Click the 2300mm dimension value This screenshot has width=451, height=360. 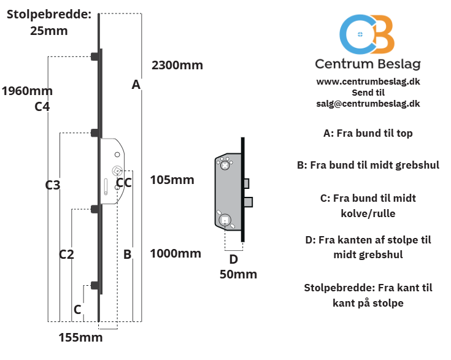177,65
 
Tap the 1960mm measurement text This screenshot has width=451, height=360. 28,91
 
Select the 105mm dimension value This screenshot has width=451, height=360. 172,180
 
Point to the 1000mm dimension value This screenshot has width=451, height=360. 175,254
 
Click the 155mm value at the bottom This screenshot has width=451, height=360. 80,337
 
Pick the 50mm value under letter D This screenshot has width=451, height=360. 238,274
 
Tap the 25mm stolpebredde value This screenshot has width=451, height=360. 49,31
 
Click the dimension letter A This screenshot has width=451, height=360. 136,85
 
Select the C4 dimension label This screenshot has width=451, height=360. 42,107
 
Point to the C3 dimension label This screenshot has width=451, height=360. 53,185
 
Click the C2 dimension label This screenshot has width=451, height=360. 66,255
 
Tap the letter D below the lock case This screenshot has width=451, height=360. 234,259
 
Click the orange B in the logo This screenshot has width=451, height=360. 382,34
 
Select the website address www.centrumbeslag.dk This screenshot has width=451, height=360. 368,82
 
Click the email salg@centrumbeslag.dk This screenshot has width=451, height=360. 368,104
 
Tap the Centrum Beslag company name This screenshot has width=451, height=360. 368,64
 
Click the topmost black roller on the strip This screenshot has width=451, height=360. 96,56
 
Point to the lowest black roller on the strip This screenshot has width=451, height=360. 96,286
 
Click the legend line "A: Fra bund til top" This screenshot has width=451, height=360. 368,134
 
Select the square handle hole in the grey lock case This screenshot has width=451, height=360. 225,221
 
